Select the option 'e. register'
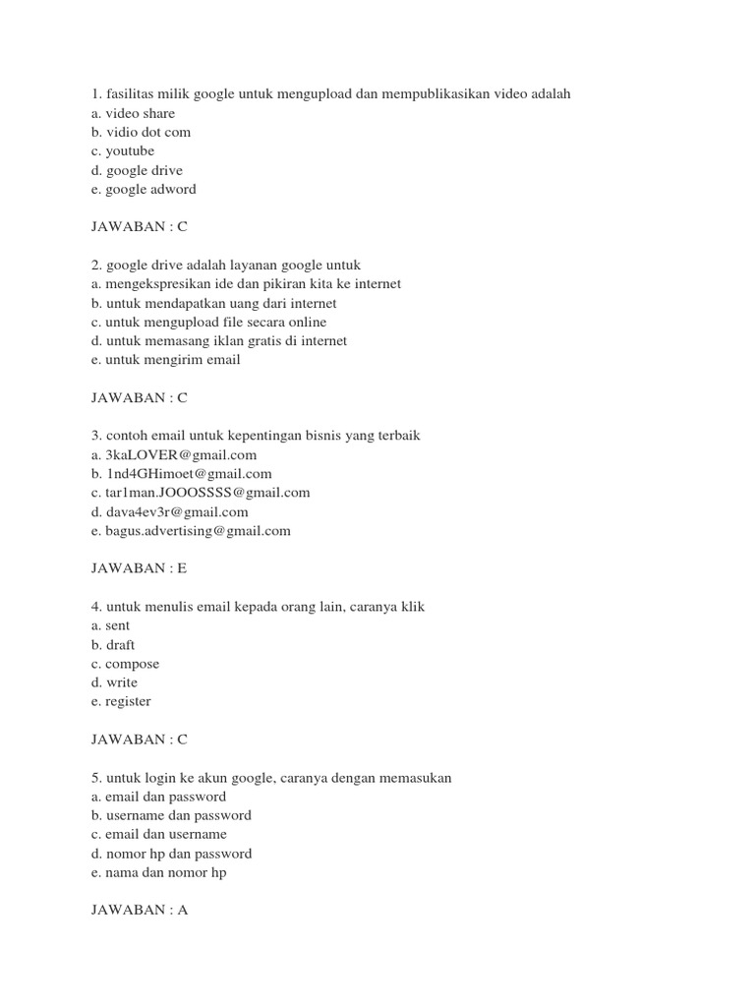(x=120, y=701)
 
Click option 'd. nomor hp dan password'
(x=170, y=854)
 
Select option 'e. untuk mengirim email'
(x=164, y=360)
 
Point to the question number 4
(x=94, y=608)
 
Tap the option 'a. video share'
(x=132, y=113)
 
